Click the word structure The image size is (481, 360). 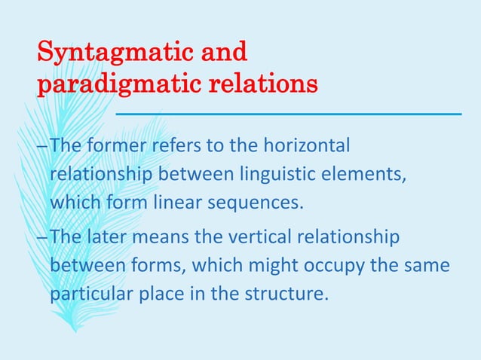pyautogui.click(x=291, y=294)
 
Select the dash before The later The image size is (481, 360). pyautogui.click(x=42, y=239)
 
